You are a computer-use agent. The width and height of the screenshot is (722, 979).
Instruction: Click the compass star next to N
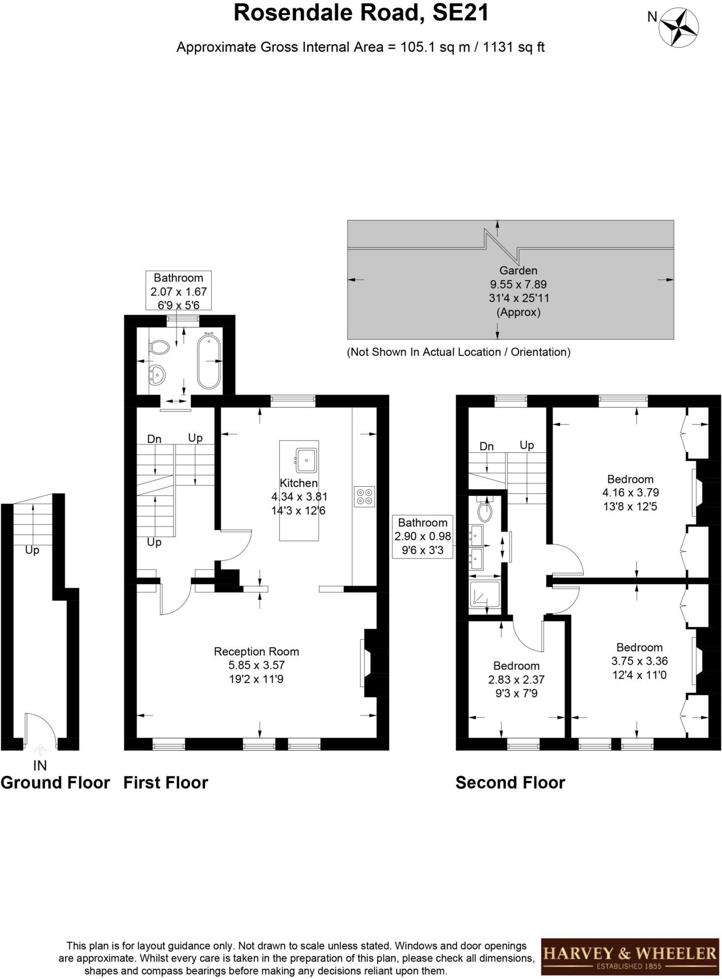point(679,29)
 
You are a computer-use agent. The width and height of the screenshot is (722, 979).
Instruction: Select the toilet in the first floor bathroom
point(159,347)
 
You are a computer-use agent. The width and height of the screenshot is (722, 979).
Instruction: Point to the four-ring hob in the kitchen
point(365,496)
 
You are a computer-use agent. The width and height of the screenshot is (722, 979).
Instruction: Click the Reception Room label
point(256,652)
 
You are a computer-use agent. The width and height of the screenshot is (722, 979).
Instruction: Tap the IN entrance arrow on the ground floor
point(40,750)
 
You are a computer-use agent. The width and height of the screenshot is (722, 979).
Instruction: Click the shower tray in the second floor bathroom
point(484,597)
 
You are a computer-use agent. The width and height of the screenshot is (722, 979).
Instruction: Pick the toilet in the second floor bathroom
point(485,511)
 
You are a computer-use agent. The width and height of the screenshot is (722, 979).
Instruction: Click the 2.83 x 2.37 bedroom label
point(516,679)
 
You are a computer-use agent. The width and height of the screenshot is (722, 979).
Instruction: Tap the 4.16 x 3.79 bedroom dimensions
point(630,492)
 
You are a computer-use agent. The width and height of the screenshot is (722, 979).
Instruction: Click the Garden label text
point(518,270)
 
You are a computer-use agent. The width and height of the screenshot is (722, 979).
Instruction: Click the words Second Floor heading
point(510,783)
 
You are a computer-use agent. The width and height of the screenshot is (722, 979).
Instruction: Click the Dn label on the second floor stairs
point(486,446)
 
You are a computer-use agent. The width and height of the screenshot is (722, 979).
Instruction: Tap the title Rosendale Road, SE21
point(361,13)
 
